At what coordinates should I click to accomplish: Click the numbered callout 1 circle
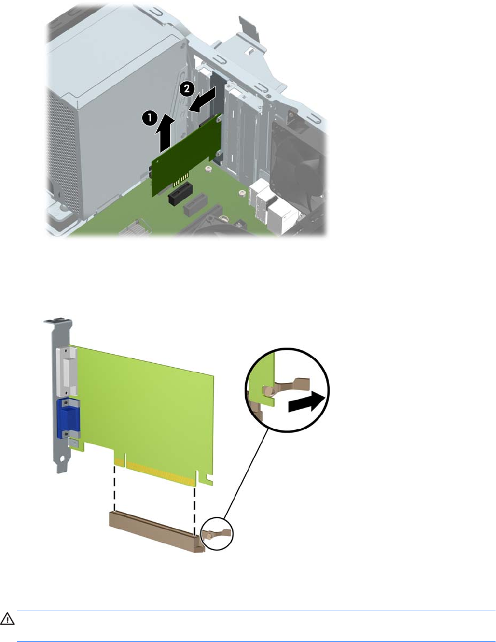pos(149,118)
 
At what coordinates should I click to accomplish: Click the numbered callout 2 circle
pos(187,89)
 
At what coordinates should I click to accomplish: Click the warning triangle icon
pos(7,619)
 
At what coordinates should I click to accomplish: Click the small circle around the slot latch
pos(217,533)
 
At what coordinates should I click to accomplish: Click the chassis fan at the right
pos(301,172)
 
